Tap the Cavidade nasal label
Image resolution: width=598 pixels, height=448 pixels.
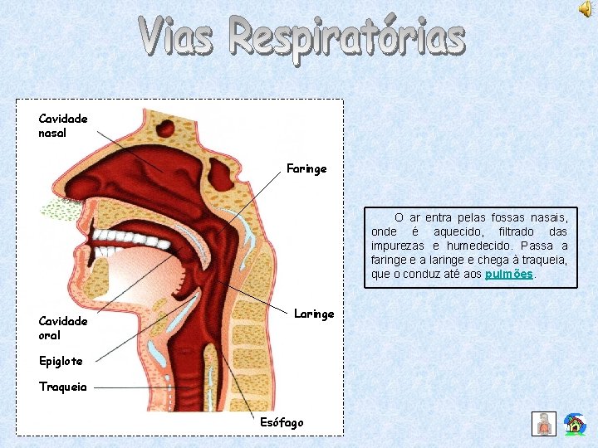point(62,126)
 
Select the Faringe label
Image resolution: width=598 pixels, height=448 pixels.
point(306,168)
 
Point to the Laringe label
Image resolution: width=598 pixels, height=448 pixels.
point(314,314)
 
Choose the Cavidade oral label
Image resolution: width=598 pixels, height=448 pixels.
point(62,329)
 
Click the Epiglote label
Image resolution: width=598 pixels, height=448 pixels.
point(61,361)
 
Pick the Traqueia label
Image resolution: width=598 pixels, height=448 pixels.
point(62,387)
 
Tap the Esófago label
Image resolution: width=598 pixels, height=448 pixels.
point(282,422)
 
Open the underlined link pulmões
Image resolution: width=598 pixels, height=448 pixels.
point(509,274)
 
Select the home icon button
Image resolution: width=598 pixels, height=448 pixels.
point(574,424)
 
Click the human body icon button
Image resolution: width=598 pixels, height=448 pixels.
point(544,424)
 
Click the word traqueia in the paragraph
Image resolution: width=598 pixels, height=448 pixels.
point(543,260)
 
